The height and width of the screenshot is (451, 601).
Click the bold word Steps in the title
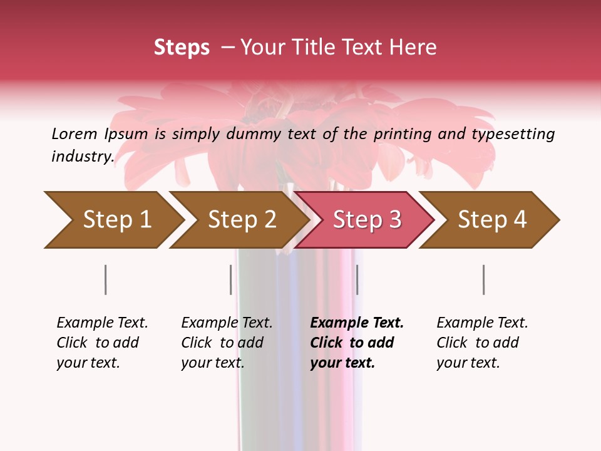point(182,48)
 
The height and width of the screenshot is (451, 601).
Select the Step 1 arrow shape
point(113,220)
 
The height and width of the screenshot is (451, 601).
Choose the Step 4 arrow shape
point(491,220)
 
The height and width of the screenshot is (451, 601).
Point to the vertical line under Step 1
point(105,279)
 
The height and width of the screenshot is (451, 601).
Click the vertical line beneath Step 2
point(231,279)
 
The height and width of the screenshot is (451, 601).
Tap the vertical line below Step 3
point(357,279)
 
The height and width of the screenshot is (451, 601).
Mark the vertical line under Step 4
point(483,279)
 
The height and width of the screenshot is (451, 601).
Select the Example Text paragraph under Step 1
point(101,343)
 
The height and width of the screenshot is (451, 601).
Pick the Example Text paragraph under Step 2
point(226,343)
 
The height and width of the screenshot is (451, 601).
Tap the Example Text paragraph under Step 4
point(481,343)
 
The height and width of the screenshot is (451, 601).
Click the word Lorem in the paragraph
point(74,134)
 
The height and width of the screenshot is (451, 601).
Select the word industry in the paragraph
point(82,157)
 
